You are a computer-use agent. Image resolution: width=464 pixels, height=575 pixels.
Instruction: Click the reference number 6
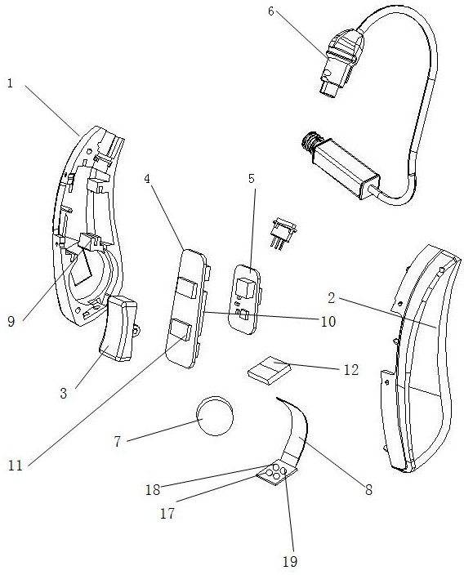[270, 11]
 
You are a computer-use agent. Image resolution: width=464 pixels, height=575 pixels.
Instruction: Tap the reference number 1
[11, 83]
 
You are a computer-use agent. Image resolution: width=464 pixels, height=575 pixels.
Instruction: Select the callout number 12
[350, 370]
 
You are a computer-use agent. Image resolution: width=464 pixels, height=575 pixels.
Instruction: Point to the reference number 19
[289, 561]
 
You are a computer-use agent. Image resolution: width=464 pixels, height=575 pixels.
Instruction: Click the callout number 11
[15, 466]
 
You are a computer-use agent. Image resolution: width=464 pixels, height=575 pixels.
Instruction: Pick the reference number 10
[328, 322]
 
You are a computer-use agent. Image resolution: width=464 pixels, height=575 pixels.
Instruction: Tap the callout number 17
[167, 514]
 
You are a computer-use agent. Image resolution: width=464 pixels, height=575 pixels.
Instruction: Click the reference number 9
[11, 322]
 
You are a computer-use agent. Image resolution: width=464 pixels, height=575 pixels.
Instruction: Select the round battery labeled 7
[215, 416]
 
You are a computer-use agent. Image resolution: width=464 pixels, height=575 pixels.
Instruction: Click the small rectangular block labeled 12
[269, 370]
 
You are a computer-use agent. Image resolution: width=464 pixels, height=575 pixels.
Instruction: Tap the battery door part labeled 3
[118, 328]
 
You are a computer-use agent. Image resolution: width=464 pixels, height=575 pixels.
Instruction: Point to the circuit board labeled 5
[247, 298]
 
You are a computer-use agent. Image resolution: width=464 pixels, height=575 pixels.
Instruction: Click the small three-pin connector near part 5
[283, 234]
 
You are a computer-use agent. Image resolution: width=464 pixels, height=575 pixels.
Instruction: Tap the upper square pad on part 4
[188, 287]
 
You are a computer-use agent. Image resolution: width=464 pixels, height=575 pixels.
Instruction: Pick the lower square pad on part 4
[180, 329]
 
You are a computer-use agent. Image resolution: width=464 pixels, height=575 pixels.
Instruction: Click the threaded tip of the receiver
[310, 141]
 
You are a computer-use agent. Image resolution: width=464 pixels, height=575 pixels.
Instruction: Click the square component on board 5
[247, 287]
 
